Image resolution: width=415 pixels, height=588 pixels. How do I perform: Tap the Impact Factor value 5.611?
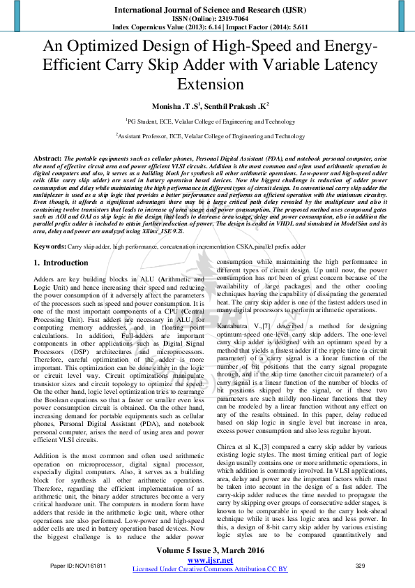click(295, 27)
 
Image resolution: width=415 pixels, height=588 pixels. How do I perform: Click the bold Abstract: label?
click(47, 159)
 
